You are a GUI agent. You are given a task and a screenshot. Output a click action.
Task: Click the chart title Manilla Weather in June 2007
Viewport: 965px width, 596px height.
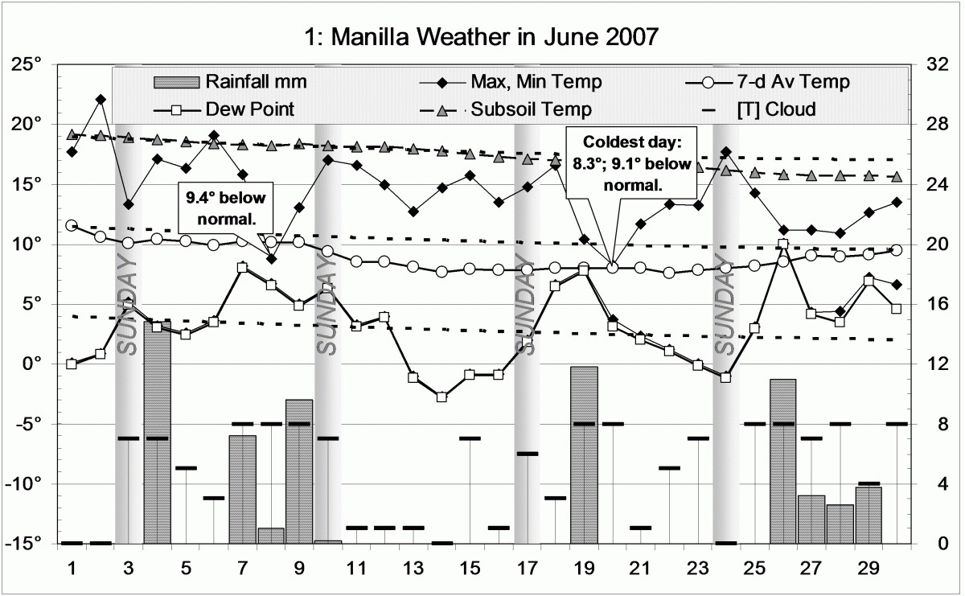(482, 37)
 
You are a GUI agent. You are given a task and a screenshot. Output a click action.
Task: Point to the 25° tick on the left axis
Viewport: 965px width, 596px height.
(35, 64)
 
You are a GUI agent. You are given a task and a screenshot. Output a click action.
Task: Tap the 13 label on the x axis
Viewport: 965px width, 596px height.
(413, 568)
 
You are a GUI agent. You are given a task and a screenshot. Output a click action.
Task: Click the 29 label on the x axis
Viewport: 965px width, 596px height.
(868, 568)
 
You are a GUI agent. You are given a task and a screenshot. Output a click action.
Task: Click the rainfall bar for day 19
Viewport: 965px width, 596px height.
(585, 454)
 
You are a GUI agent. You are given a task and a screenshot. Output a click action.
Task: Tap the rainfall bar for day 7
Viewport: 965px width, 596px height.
(242, 489)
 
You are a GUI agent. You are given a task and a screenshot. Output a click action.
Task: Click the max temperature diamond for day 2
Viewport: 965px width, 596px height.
(101, 100)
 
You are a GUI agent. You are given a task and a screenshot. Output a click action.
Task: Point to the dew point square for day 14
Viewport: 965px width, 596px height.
(441, 397)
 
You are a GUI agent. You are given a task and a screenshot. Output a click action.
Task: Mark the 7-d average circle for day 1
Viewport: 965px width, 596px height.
(72, 226)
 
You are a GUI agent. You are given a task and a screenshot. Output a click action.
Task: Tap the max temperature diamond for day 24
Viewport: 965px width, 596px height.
(726, 152)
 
